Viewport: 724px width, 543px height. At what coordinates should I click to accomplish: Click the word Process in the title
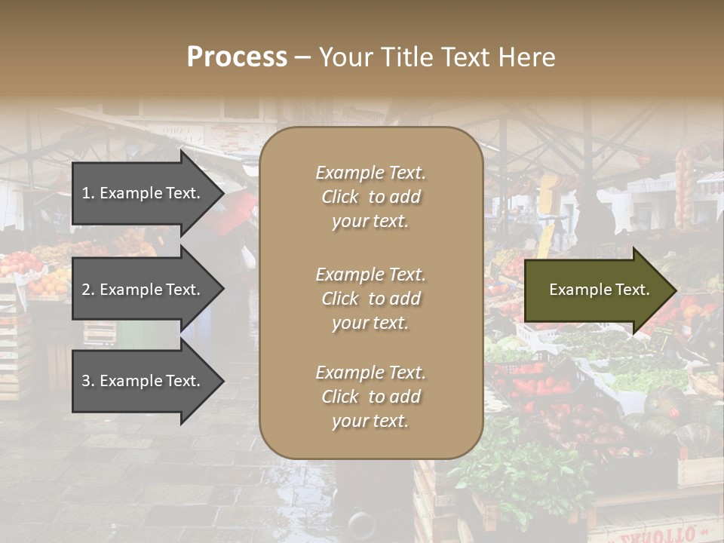[x=237, y=57]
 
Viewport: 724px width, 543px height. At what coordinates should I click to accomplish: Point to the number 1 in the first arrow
[x=86, y=193]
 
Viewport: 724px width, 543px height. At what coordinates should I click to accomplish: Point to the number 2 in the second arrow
[x=86, y=290]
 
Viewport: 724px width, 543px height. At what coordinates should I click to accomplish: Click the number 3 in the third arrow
[x=86, y=381]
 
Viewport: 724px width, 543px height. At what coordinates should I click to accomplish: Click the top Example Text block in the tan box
[x=370, y=197]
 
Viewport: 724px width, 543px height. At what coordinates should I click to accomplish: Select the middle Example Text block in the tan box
[x=370, y=299]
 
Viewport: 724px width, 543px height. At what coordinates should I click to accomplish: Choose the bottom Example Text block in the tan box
[x=370, y=397]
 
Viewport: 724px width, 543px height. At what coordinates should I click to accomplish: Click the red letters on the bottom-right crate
[x=664, y=534]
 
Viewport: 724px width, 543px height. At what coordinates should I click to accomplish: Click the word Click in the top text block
[x=340, y=197]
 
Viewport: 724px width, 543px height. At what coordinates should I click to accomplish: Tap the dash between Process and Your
[x=302, y=57]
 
